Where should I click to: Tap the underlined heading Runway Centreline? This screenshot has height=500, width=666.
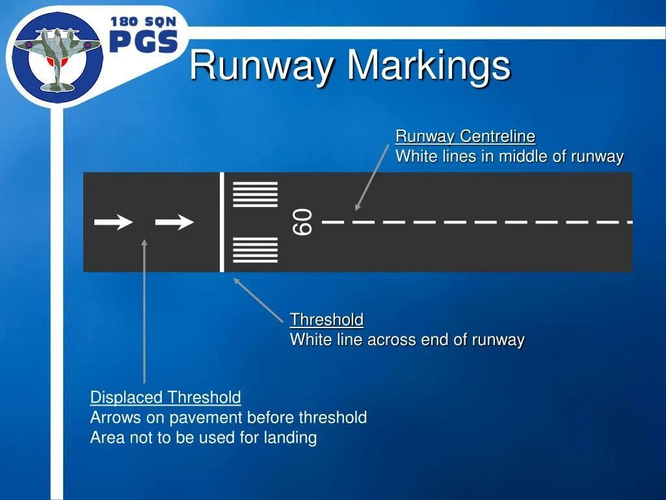pos(465,136)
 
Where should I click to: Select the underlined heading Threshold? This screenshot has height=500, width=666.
pos(326,320)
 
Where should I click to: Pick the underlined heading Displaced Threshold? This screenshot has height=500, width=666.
pos(165,397)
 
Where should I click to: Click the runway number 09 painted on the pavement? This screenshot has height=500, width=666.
pos(303,222)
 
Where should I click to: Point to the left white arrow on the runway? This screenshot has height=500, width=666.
pos(114,222)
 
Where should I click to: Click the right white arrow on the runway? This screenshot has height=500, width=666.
pos(174,222)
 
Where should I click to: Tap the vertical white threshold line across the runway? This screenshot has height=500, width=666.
pos(222,222)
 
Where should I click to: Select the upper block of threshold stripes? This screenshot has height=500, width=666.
pos(255,195)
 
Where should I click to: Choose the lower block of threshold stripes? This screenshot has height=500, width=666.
pos(255,250)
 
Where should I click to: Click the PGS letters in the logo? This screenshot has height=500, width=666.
pos(144,42)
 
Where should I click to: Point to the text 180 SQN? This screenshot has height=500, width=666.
pos(143,21)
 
